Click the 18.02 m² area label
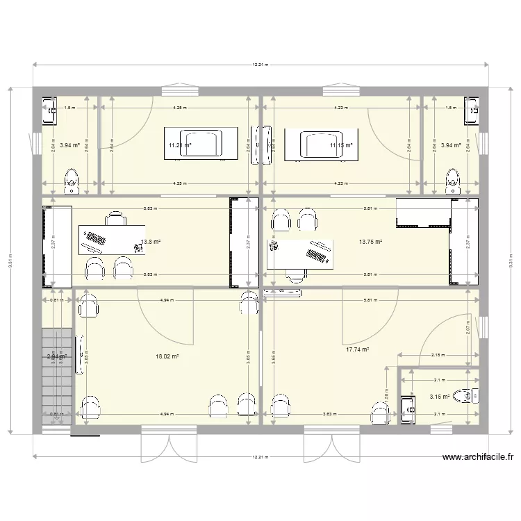tap(167, 356)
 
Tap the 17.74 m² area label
tap(357, 351)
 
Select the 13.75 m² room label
tap(370, 242)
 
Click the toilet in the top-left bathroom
tap(70, 181)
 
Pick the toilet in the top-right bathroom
tap(452, 181)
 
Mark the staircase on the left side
tap(57, 361)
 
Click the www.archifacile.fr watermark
tap(478, 457)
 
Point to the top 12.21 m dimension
tap(260, 65)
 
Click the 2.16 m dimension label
tap(438, 355)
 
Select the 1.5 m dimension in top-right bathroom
tap(451, 108)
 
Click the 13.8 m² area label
tap(151, 242)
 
